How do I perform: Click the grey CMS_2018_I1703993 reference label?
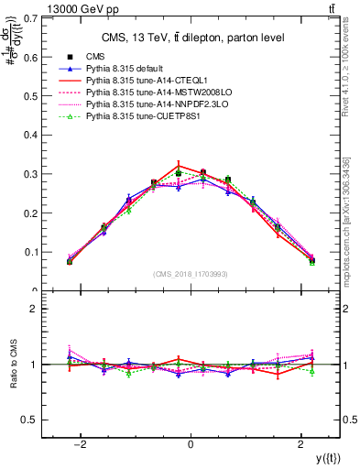[x=191, y=275]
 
